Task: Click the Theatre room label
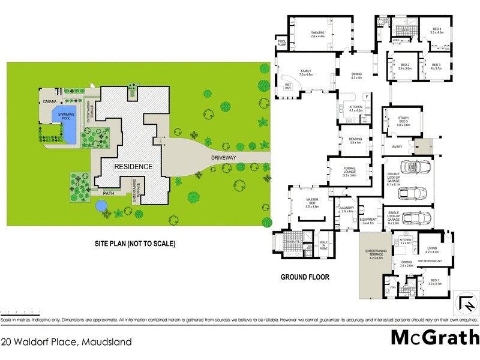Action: click(317, 34)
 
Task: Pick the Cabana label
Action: click(48, 100)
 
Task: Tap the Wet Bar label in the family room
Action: click(289, 86)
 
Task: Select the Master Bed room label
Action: click(311, 205)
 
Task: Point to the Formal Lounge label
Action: click(350, 173)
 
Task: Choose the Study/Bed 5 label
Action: click(403, 122)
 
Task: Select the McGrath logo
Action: click(434, 337)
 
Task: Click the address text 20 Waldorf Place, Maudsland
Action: click(66, 341)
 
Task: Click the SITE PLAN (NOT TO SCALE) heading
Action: click(134, 244)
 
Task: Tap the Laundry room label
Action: click(347, 210)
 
